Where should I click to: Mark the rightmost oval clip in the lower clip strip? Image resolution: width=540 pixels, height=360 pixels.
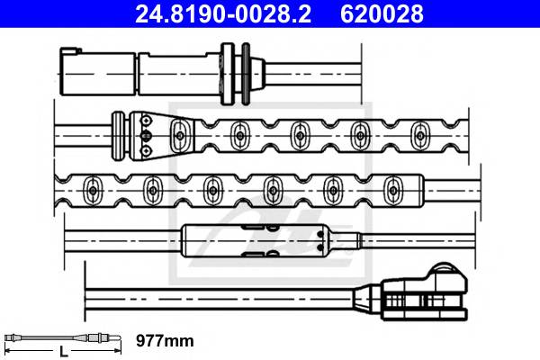(391, 189)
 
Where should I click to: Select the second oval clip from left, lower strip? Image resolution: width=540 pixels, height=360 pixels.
(151, 189)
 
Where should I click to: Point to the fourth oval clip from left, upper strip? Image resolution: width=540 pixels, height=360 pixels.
(360, 135)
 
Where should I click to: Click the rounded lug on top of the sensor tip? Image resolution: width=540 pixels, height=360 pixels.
(444, 273)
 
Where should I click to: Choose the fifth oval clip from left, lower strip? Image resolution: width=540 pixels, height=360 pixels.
(332, 189)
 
